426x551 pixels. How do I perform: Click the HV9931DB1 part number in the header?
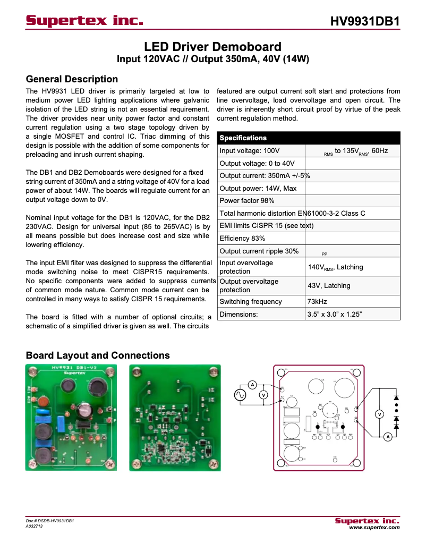[x=364, y=21]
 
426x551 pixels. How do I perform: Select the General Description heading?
[x=72, y=79]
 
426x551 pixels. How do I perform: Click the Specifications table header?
[x=243, y=138]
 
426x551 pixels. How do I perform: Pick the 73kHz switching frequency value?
[x=317, y=302]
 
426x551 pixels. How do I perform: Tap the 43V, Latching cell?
[x=329, y=286]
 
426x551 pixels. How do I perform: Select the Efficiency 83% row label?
[x=242, y=238]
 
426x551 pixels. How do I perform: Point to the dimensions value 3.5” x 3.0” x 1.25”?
[x=334, y=314]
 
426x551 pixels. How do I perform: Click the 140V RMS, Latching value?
[x=335, y=267]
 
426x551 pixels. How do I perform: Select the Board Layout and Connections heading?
[x=98, y=355]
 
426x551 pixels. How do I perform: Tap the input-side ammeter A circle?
[x=253, y=385]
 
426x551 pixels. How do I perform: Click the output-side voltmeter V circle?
[x=379, y=414]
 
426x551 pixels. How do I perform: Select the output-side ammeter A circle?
[x=388, y=436]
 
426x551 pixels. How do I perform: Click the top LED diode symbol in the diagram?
[x=396, y=397]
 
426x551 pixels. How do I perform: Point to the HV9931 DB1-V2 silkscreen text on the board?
[x=70, y=368]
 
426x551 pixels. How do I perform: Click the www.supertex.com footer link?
[x=373, y=528]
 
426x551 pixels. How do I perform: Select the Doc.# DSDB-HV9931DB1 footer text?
[x=49, y=521]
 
